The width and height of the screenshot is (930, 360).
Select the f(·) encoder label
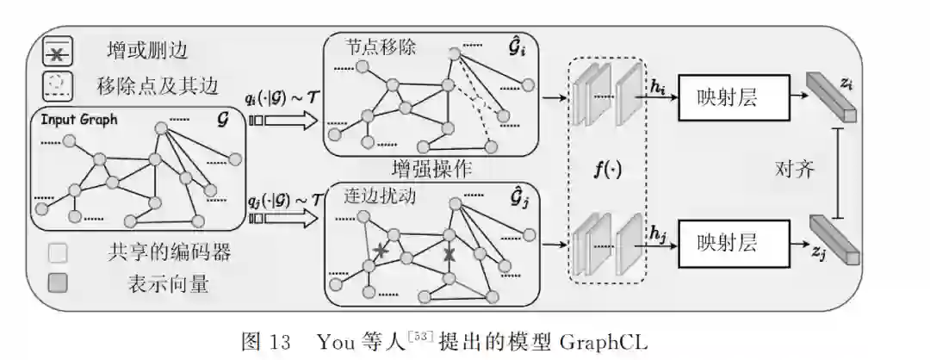pos(607,170)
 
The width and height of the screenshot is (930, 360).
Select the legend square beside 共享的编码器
pos(59,253)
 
